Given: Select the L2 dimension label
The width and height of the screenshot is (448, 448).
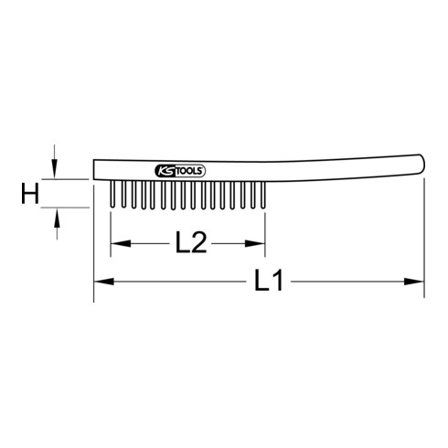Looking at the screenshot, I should point(189,243).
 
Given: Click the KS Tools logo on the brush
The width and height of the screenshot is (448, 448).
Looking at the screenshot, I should point(179,170).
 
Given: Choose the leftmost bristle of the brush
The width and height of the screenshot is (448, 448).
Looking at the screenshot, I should point(111,193).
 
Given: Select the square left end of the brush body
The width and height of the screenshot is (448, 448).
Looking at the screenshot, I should point(95,170).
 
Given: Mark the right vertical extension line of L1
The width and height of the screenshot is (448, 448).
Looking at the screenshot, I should point(424,238).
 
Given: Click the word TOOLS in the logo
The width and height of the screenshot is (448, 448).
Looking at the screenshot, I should point(190,170).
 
